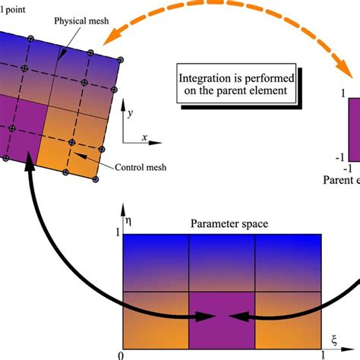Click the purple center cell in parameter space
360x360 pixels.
(x=221, y=319)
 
